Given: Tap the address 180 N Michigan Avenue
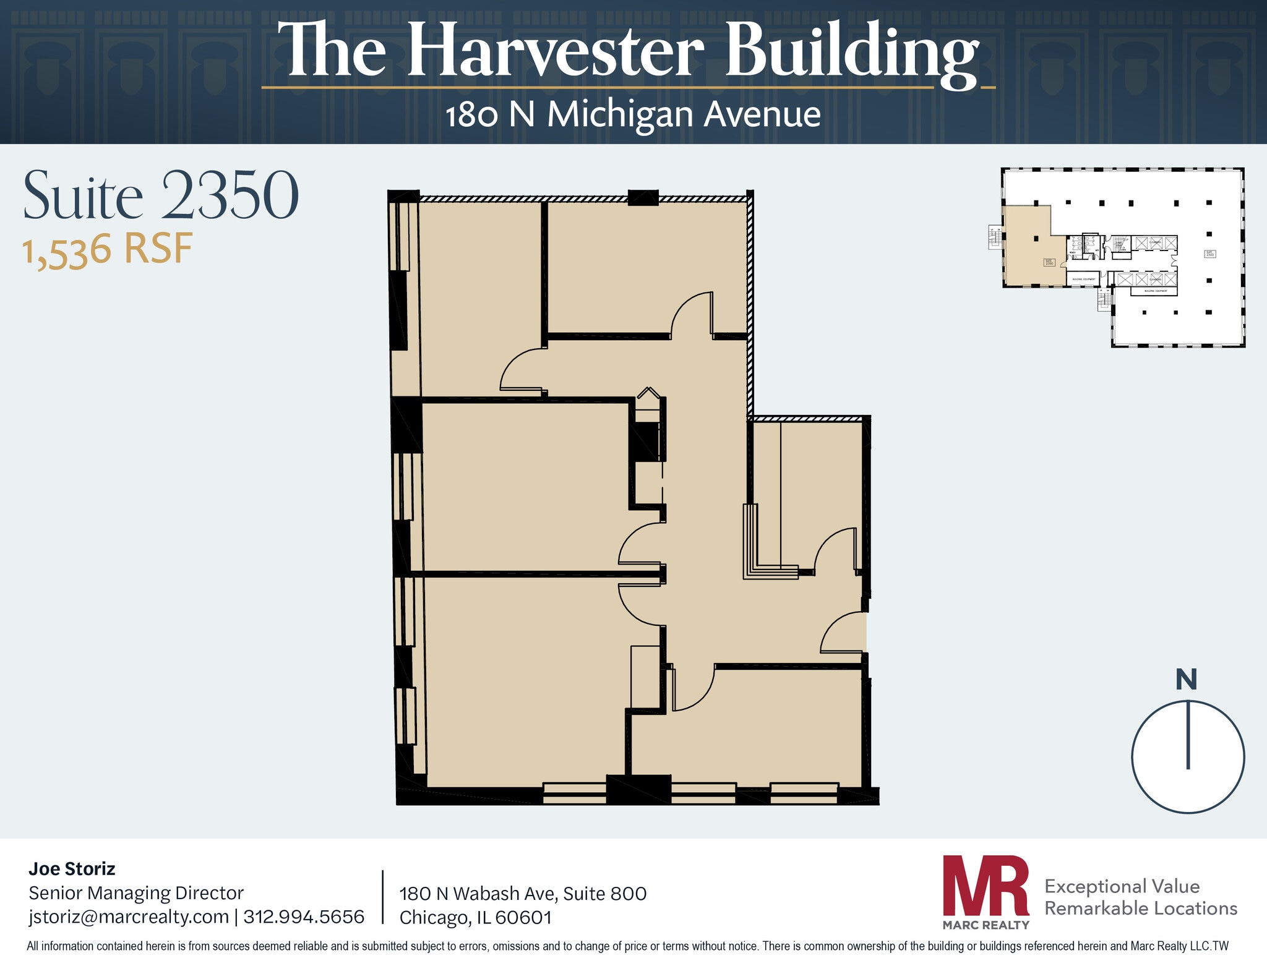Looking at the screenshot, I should [x=633, y=114].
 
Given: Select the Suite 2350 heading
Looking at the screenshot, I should [x=161, y=195].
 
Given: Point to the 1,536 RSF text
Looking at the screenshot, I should [x=108, y=250].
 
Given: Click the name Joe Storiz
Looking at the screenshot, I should [x=72, y=869].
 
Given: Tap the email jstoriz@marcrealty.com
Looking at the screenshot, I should [x=129, y=917].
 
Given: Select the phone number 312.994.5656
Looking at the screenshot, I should [x=304, y=917].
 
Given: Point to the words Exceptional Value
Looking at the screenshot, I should [x=1122, y=886].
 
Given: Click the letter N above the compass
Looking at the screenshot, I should [x=1186, y=680].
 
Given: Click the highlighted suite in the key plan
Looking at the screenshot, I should [x=1027, y=247].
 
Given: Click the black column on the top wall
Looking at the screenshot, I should [x=643, y=197].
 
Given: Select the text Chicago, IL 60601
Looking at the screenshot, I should [x=475, y=917].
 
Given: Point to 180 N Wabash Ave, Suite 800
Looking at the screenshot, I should [x=523, y=894].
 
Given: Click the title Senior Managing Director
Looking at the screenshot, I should [x=136, y=893].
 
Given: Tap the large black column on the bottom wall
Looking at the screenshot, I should [x=638, y=789].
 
